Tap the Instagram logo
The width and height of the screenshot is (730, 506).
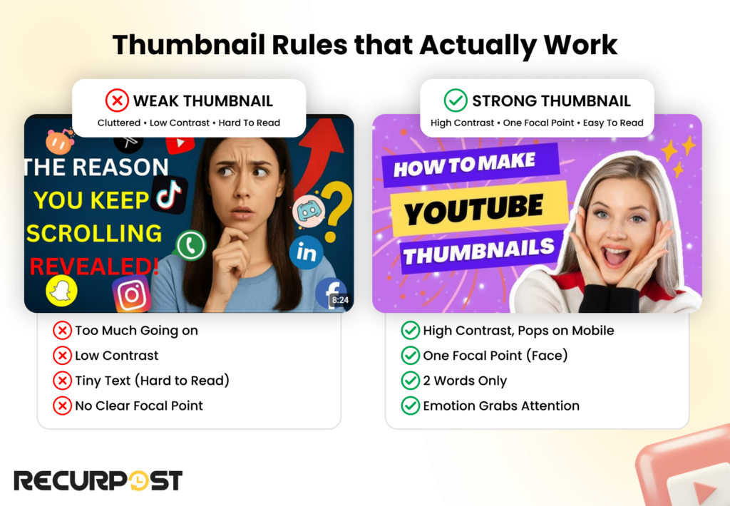point(131,294)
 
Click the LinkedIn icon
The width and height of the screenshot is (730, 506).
point(307,252)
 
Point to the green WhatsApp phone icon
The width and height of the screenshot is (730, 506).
point(190,245)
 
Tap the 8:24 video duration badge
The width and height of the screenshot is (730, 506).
point(339,300)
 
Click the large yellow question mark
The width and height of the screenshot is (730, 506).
point(336,211)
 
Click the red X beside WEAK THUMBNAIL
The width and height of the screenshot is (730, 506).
point(117,100)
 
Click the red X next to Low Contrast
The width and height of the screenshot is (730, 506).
point(63,356)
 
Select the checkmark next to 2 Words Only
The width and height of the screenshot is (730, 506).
point(411,381)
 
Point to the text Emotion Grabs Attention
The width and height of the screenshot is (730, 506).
point(501,406)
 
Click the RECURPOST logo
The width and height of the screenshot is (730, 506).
point(98,480)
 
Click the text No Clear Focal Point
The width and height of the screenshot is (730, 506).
point(139,406)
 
